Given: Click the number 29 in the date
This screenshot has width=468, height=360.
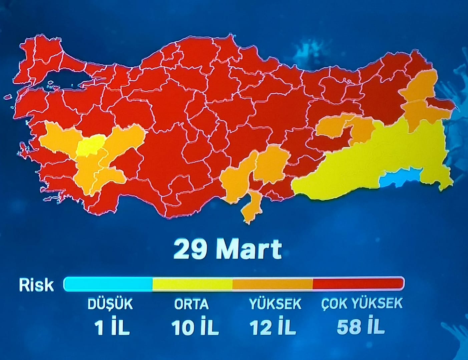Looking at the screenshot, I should [189, 249].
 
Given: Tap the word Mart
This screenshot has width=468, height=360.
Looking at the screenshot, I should [249, 249].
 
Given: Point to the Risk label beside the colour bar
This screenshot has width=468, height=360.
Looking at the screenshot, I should [36, 285].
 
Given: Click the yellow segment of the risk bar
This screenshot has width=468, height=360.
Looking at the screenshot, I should [192, 284].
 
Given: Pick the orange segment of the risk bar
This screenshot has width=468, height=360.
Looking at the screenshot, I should [272, 284].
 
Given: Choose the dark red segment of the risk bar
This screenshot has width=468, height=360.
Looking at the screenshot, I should [358, 284].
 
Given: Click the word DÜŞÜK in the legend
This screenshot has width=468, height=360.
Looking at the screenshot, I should [110, 304].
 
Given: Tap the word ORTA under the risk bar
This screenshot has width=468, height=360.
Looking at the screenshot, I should [191, 304].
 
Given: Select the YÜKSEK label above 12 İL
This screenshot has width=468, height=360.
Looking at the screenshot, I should [275, 304].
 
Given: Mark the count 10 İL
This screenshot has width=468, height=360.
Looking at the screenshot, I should [195, 327].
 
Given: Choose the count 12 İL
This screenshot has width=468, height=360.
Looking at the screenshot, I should [273, 327].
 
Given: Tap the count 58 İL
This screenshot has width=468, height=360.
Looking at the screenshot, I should [360, 327].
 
